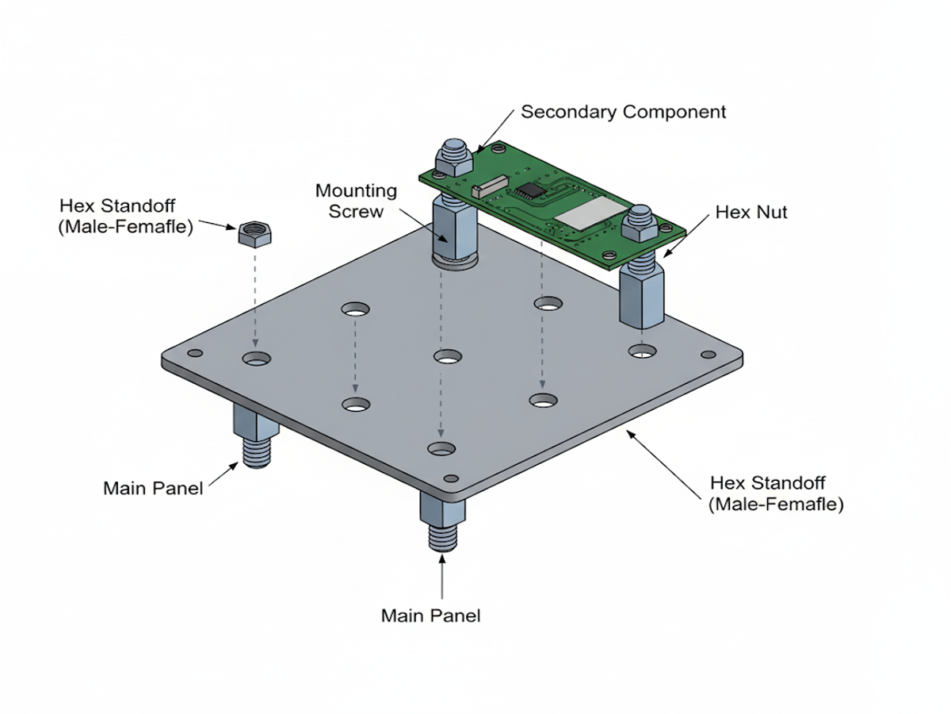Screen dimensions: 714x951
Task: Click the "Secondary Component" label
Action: click(623, 112)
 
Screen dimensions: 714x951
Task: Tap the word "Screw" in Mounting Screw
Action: click(356, 211)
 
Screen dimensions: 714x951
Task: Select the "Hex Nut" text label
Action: click(751, 212)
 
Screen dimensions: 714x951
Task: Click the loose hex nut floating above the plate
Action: click(253, 233)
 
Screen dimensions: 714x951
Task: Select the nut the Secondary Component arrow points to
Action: click(454, 159)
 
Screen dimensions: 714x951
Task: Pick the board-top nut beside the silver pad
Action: click(639, 225)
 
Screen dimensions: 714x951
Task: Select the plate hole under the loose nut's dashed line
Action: click(255, 359)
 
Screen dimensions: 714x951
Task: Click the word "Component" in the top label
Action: click(674, 112)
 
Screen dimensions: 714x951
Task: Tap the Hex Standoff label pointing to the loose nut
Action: click(127, 217)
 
